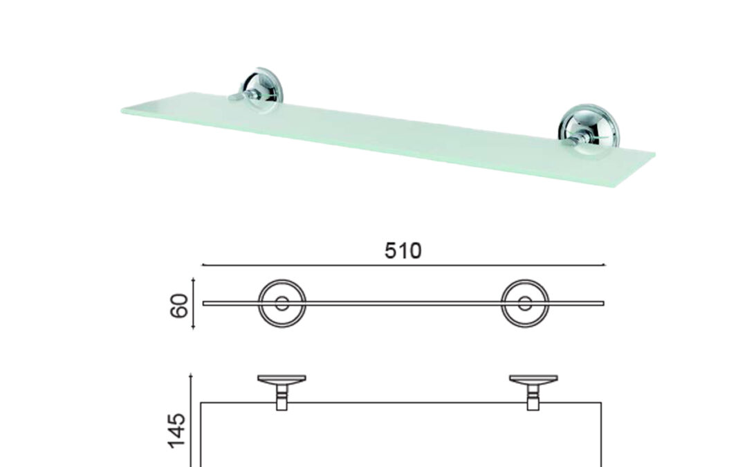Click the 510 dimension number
click(403, 250)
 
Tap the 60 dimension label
click(179, 306)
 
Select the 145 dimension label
click(177, 431)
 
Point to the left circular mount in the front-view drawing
click(282, 304)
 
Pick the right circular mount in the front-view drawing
click(525, 304)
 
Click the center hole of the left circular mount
click(282, 304)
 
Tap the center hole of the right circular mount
click(525, 304)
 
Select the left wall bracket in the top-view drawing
click(282, 392)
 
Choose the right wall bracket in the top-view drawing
click(533, 392)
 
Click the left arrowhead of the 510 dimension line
click(203, 264)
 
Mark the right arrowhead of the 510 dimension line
click(604, 264)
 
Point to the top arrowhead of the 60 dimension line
click(193, 280)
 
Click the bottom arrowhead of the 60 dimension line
click(193, 328)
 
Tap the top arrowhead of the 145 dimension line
click(191, 375)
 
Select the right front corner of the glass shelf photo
click(616, 186)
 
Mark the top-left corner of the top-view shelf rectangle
click(201, 403)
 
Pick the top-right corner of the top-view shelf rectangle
click(601, 403)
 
